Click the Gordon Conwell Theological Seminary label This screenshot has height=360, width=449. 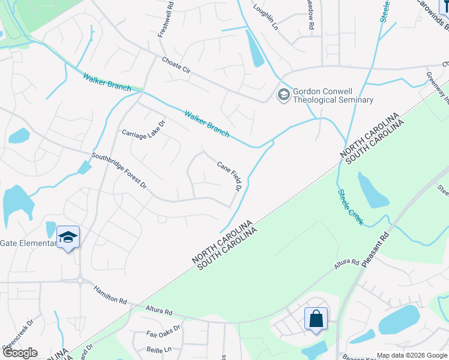pos(332,96)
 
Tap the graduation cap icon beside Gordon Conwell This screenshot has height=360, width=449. pos(283,94)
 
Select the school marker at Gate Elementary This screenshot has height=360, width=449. pos(68,238)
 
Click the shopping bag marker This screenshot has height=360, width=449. pos(316,319)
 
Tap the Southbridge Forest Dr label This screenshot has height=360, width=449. pos(119,172)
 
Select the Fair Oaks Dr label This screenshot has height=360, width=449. pos(163,334)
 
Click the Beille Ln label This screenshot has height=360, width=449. pos(159,349)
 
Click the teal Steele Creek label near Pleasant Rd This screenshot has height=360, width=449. pos(350,208)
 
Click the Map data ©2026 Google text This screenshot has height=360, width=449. pos(412,355)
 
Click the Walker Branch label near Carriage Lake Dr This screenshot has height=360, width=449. pos(206,124)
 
